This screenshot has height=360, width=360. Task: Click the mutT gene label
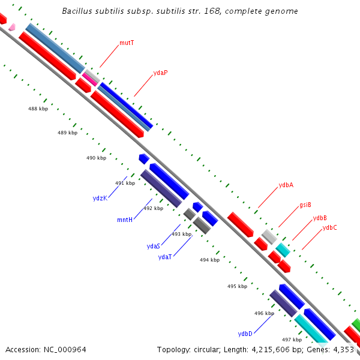pos(126,43)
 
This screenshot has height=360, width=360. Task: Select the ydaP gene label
pos(160,73)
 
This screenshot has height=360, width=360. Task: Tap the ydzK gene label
pos(100,198)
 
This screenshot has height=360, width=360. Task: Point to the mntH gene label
pos(125,220)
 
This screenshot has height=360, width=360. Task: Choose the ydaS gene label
pos(154,246)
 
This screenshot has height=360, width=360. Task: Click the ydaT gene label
pos(165,257)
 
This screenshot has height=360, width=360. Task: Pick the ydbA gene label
pos(286,185)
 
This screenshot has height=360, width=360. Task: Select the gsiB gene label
pos(305,205)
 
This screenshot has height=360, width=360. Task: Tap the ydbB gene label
pos(320,218)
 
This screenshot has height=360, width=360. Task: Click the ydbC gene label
pos(330,227)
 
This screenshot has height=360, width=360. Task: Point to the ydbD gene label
pos(245,334)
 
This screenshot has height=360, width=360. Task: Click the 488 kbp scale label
pos(38,109)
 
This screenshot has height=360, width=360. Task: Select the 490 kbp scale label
pos(96,158)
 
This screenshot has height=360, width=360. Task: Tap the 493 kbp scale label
pos(182,234)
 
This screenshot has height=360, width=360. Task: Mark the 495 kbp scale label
pos(237,286)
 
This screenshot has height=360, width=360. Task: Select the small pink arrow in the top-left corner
pos(11,26)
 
